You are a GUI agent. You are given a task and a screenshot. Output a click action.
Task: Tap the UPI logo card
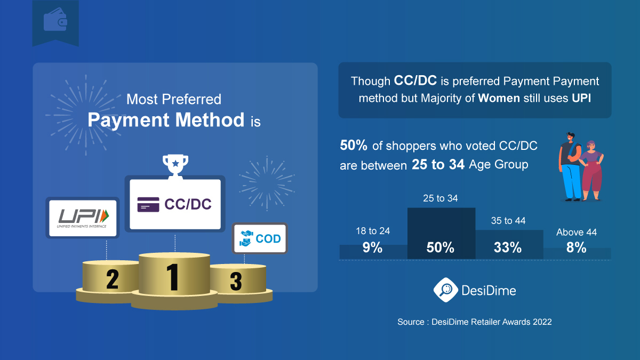pyautogui.click(x=82, y=217)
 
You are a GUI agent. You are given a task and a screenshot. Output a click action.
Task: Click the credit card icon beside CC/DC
pyautogui.click(x=148, y=205)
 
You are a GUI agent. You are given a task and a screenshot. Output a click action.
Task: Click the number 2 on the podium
pyautogui.click(x=112, y=279)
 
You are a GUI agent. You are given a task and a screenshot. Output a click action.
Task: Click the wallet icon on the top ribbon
pyautogui.click(x=55, y=21)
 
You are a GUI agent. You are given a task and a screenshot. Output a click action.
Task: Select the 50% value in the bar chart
pyautogui.click(x=441, y=247)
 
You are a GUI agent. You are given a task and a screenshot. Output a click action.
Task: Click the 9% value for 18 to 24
pyautogui.click(x=373, y=247)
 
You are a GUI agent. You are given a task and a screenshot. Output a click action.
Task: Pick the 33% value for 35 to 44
pyautogui.click(x=507, y=247)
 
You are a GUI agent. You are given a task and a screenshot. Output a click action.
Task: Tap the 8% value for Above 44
pyautogui.click(x=577, y=247)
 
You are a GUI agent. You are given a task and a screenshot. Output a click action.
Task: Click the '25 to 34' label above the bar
pyautogui.click(x=441, y=198)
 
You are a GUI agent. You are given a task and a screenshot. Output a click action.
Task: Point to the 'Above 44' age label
pyautogui.click(x=577, y=233)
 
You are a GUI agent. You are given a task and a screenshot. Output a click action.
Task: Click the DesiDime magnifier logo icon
pyautogui.click(x=444, y=290)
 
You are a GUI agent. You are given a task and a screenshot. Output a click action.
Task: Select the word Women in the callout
pyautogui.click(x=499, y=99)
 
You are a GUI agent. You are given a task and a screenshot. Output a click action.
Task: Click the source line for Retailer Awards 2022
pyautogui.click(x=474, y=322)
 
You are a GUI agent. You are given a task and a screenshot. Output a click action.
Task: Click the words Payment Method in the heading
pyautogui.click(x=166, y=119)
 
